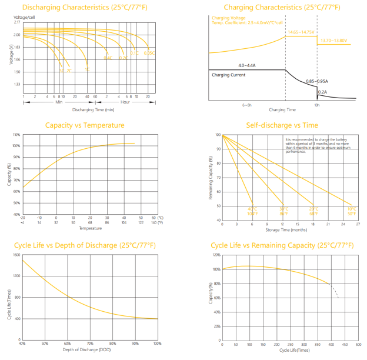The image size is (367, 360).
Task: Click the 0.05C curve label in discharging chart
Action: pyautogui.click(x=150, y=53)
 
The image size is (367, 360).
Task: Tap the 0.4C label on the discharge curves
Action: pyautogui.click(x=108, y=58)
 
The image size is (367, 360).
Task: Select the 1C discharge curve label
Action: pyautogui.click(x=87, y=69)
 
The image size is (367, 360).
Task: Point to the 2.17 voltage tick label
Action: pyautogui.click(x=17, y=22)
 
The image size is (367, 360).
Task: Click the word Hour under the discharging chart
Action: pyautogui.click(x=125, y=102)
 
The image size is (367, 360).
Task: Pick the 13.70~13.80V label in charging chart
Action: pyautogui.click(x=333, y=41)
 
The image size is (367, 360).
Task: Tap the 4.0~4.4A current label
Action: pyautogui.click(x=248, y=65)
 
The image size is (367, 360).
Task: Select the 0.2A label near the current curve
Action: pyautogui.click(x=322, y=92)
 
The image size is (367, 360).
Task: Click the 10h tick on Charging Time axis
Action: pyautogui.click(x=316, y=105)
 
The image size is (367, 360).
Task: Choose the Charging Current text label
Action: pyautogui.click(x=229, y=75)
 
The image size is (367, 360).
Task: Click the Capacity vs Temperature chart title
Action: pyautogui.click(x=85, y=125)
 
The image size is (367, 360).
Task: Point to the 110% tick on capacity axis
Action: pyautogui.click(x=16, y=135)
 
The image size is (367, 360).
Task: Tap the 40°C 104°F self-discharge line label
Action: pyautogui.click(x=252, y=211)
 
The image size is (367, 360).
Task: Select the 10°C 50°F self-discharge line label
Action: pyautogui.click(x=352, y=211)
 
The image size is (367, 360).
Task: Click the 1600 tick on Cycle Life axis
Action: pyautogui.click(x=16, y=255)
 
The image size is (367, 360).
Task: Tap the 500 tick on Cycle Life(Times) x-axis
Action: pyautogui.click(x=359, y=344)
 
